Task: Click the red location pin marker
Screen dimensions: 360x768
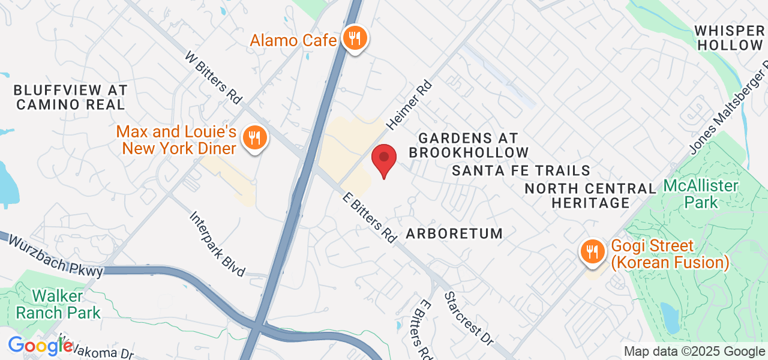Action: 384,160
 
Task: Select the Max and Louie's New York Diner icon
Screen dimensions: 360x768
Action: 255,138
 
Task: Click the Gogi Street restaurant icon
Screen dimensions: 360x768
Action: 593,251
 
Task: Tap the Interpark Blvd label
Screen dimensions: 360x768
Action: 217,244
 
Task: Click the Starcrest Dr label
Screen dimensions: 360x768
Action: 469,318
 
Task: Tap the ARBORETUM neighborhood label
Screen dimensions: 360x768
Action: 454,233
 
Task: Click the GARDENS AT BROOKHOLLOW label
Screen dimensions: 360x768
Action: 469,146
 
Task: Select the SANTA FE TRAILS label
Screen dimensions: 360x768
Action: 521,171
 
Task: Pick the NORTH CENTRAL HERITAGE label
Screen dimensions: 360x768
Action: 591,196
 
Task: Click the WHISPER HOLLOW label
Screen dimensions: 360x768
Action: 729,38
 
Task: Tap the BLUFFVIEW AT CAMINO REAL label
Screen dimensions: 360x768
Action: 70,97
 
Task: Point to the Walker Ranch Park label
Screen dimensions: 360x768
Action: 59,304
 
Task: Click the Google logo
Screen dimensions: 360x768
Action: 40,346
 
